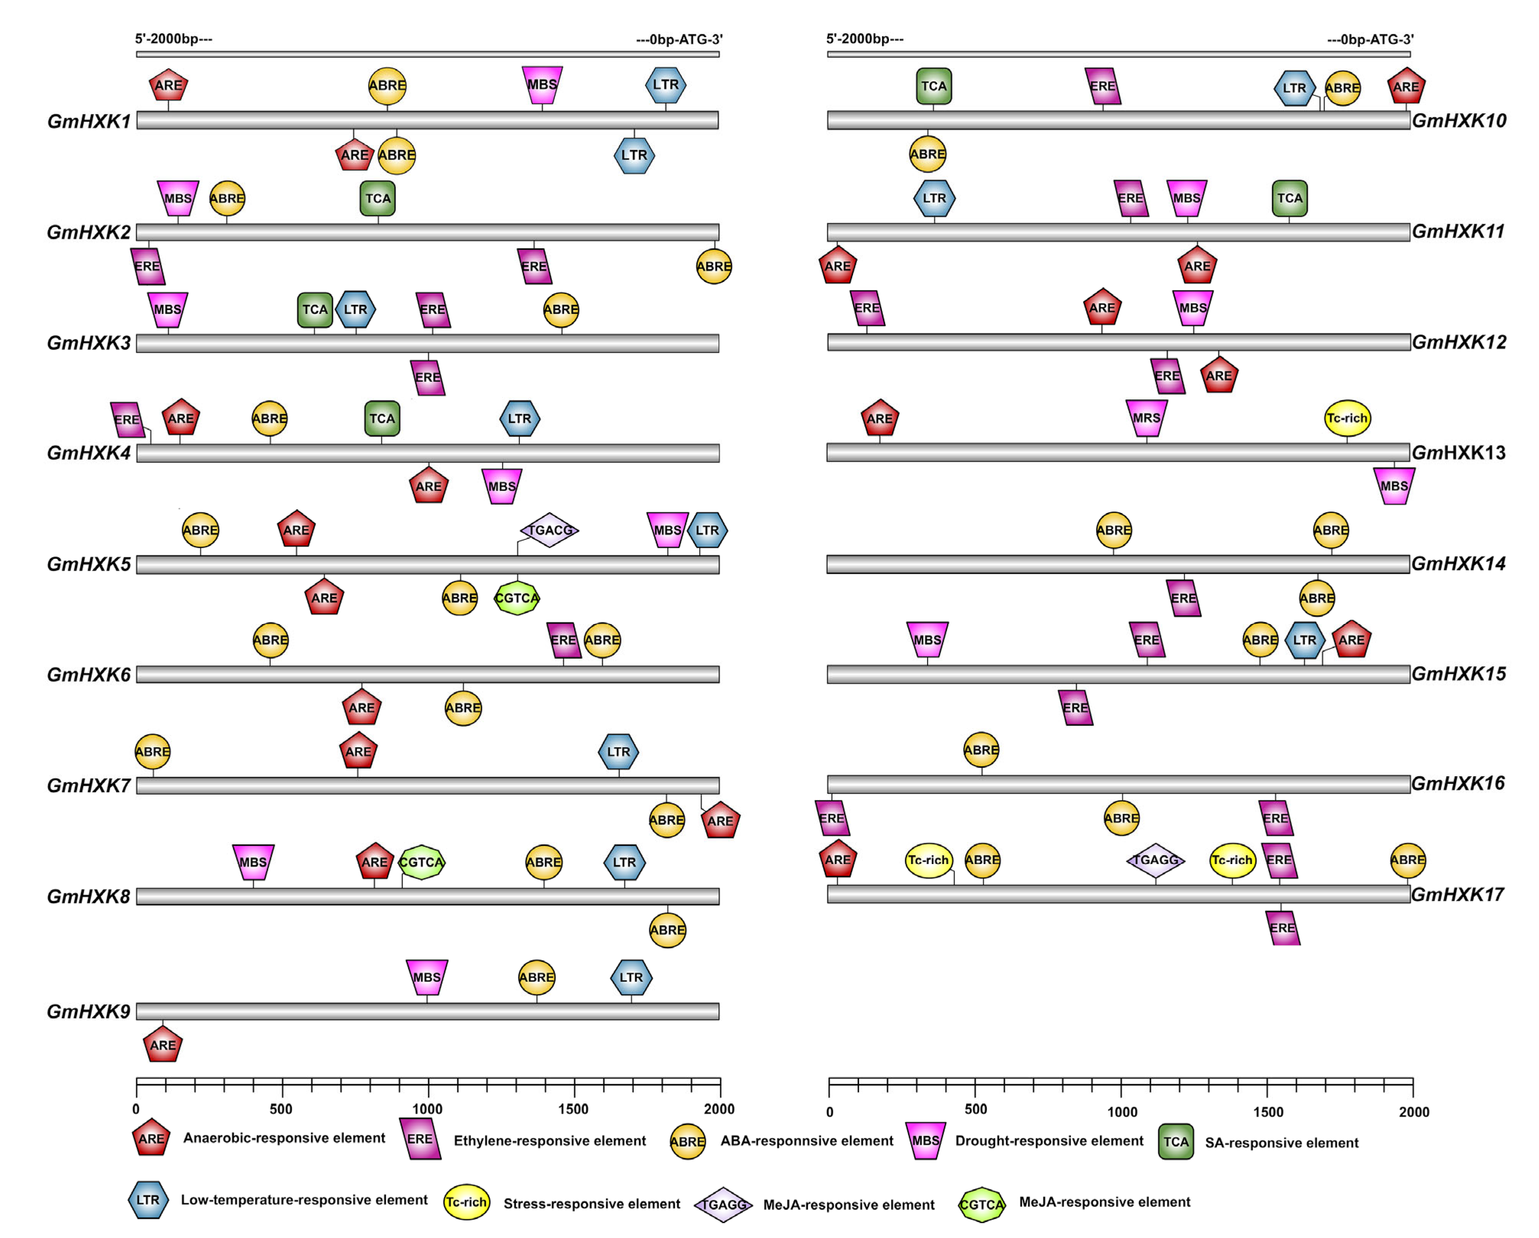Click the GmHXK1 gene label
click(89, 121)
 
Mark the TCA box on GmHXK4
click(382, 419)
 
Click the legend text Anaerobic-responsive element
click(284, 1138)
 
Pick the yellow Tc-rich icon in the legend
click(466, 1202)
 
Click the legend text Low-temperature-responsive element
click(304, 1200)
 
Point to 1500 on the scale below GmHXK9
click(573, 1109)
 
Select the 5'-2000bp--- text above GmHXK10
click(864, 39)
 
